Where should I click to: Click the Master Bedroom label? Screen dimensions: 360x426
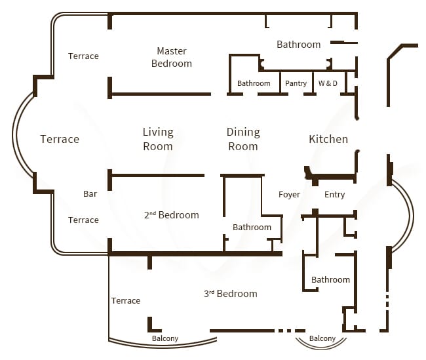tap(171, 57)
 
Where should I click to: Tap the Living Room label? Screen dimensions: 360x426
tap(158, 139)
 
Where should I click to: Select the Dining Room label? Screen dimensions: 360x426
tap(243, 139)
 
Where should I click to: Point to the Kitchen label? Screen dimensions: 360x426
tap(328, 139)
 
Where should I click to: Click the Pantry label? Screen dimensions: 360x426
tap(296, 83)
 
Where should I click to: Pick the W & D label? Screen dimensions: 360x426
tap(328, 83)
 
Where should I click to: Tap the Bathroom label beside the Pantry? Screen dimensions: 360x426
tap(254, 83)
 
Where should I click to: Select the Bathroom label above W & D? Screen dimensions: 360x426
tap(298, 45)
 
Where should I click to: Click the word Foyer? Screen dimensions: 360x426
tap(289, 195)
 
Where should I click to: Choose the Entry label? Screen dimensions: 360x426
tap(334, 195)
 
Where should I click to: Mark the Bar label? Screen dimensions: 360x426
tap(90, 194)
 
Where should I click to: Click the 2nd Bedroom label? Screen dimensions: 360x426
tap(171, 215)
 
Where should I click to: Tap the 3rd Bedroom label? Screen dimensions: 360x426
tap(230, 294)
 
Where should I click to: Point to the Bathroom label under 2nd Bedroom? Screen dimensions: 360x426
tap(252, 228)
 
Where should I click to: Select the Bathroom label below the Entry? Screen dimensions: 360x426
tap(330, 280)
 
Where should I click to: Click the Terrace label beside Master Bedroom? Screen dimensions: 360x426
tap(83, 56)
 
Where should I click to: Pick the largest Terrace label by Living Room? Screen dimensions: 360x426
tap(60, 139)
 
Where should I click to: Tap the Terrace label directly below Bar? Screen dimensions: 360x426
tap(83, 220)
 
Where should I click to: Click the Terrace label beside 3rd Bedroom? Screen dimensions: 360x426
tap(125, 301)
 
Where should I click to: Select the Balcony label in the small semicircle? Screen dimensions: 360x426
tap(322, 339)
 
